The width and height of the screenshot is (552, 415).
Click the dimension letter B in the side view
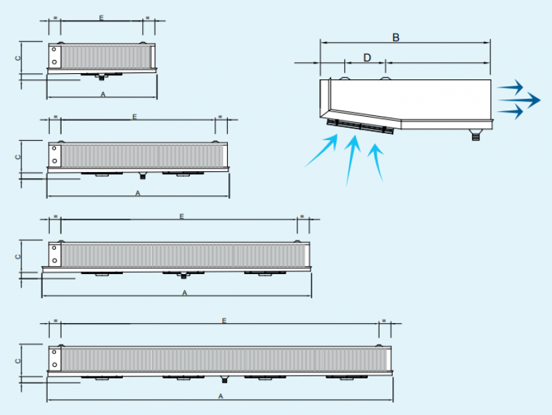click(396, 37)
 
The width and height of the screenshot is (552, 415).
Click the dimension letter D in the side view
click(367, 57)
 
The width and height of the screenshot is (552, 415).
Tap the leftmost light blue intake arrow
click(322, 151)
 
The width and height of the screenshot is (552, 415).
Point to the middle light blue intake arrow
click(351, 160)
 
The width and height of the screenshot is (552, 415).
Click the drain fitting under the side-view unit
click(475, 135)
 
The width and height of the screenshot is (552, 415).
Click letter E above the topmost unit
click(101, 17)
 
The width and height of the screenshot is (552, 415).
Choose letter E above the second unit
click(135, 117)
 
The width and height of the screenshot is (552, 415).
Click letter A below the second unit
click(138, 193)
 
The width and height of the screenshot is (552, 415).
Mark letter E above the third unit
click(181, 216)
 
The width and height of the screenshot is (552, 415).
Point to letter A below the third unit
click(184, 293)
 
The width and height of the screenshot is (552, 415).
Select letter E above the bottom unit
click(224, 320)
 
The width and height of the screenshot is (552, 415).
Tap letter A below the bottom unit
click(221, 396)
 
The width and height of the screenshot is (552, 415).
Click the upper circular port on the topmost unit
click(55, 50)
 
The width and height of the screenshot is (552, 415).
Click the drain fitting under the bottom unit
click(224, 380)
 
